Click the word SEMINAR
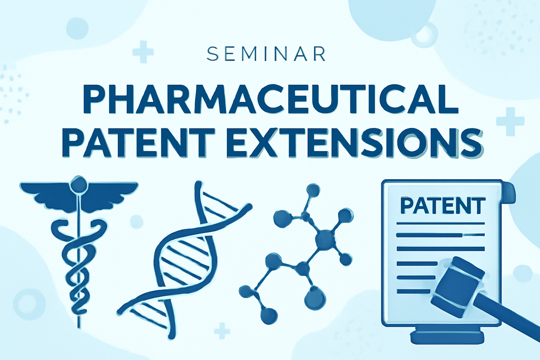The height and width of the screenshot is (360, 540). (266, 54)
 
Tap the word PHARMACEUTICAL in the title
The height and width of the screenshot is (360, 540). (271, 99)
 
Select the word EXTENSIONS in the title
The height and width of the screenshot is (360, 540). (355, 143)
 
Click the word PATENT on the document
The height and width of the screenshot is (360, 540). (443, 206)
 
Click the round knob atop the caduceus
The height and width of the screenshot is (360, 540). (79, 184)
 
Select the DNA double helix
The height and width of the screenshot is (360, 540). (184, 260)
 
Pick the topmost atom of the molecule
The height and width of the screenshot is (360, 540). (313, 190)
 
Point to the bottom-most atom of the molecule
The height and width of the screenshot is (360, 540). (269, 315)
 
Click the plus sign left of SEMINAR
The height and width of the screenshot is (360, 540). (143, 52)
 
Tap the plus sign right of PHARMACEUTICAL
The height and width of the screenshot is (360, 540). (510, 121)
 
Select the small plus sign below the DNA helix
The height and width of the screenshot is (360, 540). (222, 331)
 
